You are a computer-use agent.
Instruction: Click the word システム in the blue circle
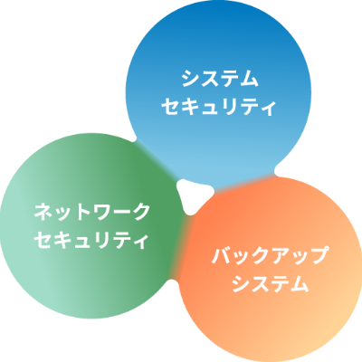coord(220,79)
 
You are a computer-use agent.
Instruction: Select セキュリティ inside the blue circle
coord(219,107)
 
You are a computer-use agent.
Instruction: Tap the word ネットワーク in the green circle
coord(92,212)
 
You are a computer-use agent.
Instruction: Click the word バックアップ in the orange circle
coord(270,256)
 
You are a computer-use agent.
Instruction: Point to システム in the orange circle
coord(271,284)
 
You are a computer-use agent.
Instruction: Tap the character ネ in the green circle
coord(43,212)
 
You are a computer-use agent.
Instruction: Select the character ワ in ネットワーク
coord(101,212)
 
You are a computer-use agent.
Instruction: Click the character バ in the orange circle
coord(222,256)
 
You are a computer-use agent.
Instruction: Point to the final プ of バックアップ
coord(318,256)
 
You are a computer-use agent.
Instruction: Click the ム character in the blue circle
coord(249,79)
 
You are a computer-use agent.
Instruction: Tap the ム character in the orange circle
coord(300,284)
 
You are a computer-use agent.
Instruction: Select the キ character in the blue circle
coord(190,107)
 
